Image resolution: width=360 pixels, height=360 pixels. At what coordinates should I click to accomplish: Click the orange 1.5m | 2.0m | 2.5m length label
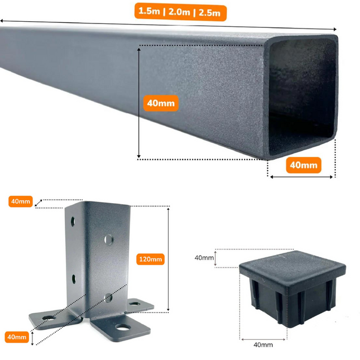click(x=180, y=12)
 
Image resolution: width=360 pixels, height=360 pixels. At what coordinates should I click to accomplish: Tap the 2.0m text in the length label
click(x=179, y=12)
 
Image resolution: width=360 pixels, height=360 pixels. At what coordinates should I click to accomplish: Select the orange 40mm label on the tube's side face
click(x=161, y=103)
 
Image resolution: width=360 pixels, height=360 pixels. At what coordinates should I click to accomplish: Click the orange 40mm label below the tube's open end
click(x=304, y=165)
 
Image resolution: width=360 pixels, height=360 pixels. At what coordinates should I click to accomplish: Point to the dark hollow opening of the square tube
click(x=302, y=97)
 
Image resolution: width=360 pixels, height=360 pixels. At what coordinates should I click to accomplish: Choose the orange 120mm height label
click(x=150, y=259)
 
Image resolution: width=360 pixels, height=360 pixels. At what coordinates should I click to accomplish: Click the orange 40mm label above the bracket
click(x=21, y=201)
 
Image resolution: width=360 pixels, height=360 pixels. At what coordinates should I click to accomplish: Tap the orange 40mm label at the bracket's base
click(x=17, y=337)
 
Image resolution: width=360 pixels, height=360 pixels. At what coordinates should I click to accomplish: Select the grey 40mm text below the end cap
click(x=263, y=344)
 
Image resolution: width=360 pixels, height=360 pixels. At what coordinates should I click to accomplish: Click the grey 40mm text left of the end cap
click(x=204, y=258)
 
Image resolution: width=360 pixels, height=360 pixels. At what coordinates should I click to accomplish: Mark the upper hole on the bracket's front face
click(x=109, y=239)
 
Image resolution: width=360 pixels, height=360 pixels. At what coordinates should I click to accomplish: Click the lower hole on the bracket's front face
click(x=108, y=298)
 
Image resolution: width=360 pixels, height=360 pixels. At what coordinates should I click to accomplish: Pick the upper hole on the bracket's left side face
click(x=73, y=222)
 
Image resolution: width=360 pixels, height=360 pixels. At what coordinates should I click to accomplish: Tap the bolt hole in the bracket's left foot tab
click(x=49, y=318)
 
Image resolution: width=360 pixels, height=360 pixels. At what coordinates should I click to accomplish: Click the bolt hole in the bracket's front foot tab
click(x=123, y=327)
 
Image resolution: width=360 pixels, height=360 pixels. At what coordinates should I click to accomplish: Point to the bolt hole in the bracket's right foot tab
click(x=135, y=304)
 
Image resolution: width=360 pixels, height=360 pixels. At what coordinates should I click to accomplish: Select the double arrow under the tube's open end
click(x=301, y=177)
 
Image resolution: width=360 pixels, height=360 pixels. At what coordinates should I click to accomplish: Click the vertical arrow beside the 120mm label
click(x=169, y=259)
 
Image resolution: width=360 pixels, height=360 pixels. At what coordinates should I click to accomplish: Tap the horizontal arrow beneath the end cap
click(x=263, y=339)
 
